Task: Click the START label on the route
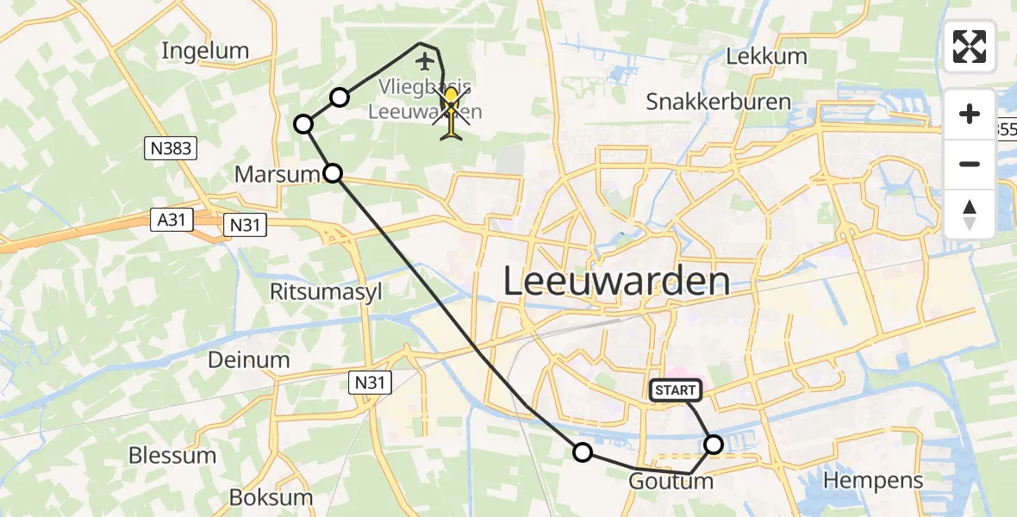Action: click(x=676, y=390)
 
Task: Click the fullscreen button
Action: click(x=970, y=47)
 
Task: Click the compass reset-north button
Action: click(x=970, y=215)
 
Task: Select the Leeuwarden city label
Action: click(x=615, y=282)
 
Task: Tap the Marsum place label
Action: click(x=278, y=175)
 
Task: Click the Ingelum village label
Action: click(x=205, y=51)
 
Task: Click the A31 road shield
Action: click(x=171, y=221)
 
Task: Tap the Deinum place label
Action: click(x=248, y=359)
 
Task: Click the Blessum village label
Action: click(x=172, y=455)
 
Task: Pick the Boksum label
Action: click(x=271, y=497)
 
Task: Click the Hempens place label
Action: click(x=873, y=480)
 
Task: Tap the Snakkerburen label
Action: click(x=718, y=102)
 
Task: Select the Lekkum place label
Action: click(x=766, y=57)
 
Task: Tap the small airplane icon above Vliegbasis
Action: click(x=424, y=61)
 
